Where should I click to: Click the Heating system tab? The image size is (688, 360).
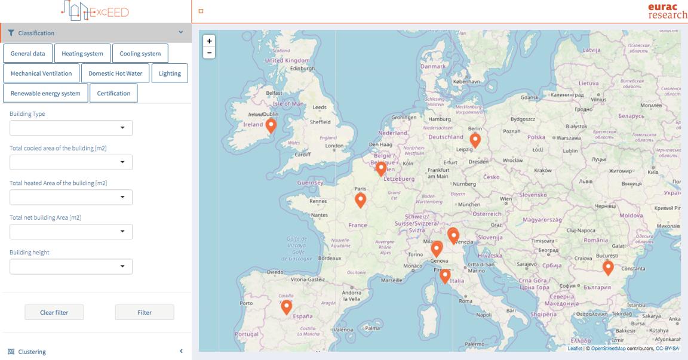[82, 54]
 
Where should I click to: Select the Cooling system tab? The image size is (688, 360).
[140, 54]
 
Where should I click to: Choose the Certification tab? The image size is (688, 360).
[113, 93]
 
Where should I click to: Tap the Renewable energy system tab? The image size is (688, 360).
[45, 93]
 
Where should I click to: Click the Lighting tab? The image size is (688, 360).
[170, 73]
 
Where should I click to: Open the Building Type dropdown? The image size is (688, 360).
[71, 128]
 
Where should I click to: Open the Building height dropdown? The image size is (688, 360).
[71, 266]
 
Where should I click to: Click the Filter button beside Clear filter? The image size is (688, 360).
[144, 312]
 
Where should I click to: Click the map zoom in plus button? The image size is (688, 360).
[209, 41]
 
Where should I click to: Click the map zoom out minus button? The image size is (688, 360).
[209, 53]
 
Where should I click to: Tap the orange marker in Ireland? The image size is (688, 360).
[271, 125]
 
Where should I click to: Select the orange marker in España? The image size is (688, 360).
[287, 307]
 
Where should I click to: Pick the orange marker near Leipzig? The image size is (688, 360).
[475, 140]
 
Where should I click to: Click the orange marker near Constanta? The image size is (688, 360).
[608, 267]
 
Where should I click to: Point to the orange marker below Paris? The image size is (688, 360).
[360, 200]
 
